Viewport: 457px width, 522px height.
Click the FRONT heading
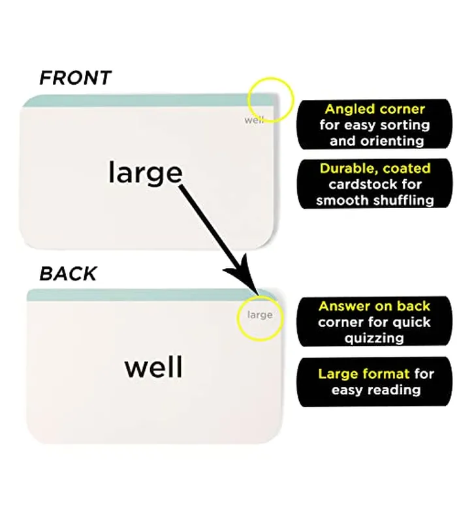[75, 78]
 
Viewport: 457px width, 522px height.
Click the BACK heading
[68, 273]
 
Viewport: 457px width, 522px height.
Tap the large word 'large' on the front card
[146, 172]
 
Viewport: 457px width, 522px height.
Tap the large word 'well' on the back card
[153, 367]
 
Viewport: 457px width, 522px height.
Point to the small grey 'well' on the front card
[254, 120]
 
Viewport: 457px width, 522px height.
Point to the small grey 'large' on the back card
[260, 315]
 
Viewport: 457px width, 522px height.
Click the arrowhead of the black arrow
[245, 275]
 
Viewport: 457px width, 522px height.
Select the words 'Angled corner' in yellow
[375, 109]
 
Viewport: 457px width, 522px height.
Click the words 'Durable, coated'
[375, 168]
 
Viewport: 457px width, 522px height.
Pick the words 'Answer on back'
[374, 306]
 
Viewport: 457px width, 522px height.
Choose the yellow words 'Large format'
[364, 374]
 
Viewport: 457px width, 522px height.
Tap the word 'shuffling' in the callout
[403, 201]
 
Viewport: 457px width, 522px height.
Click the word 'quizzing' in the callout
[374, 339]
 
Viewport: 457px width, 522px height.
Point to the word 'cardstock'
[362, 184]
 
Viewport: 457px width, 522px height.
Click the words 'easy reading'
[376, 390]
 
